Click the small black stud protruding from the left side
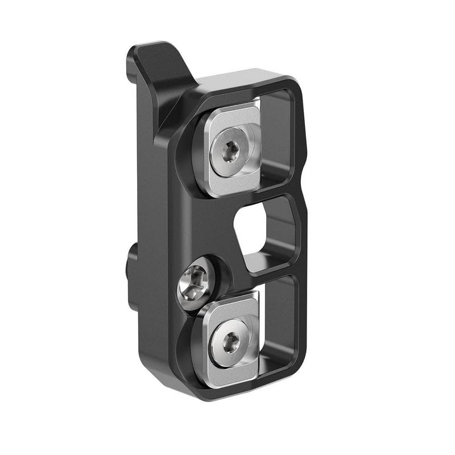tap(132, 267)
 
